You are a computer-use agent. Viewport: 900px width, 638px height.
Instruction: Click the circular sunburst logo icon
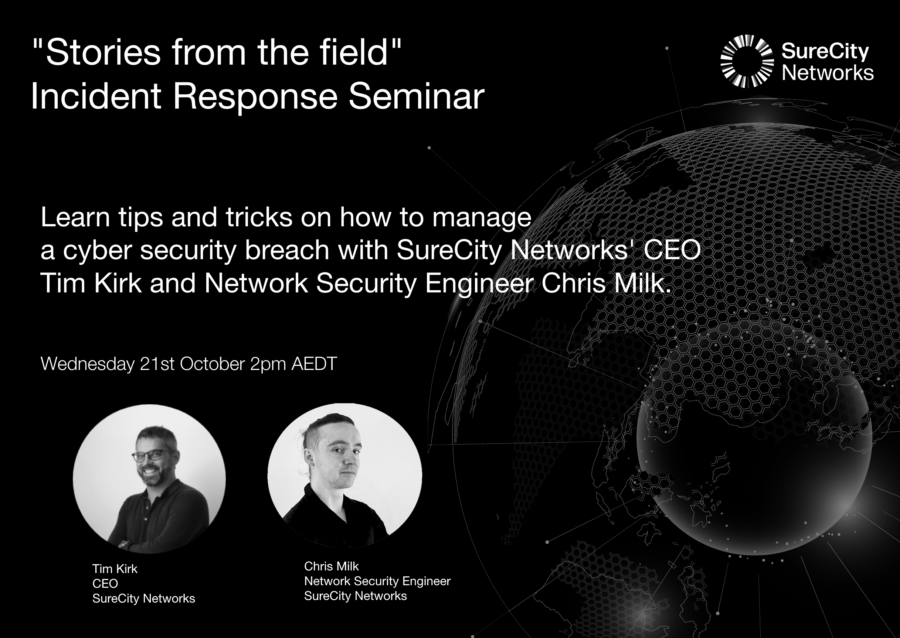pyautogui.click(x=747, y=61)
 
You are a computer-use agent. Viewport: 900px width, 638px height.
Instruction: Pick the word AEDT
pyautogui.click(x=314, y=364)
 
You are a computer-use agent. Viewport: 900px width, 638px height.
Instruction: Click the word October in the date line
pyautogui.click(x=213, y=364)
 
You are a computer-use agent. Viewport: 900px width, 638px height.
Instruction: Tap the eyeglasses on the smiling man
pyautogui.click(x=154, y=455)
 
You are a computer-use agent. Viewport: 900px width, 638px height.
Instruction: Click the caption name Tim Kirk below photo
pyautogui.click(x=115, y=569)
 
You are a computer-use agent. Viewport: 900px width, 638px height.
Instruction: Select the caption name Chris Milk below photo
pyautogui.click(x=332, y=566)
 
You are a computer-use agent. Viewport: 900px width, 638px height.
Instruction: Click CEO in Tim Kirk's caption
pyautogui.click(x=105, y=583)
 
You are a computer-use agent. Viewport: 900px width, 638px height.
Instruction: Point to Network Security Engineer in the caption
pyautogui.click(x=377, y=582)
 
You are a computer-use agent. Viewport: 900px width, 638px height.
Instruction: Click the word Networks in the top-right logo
pyautogui.click(x=828, y=73)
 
